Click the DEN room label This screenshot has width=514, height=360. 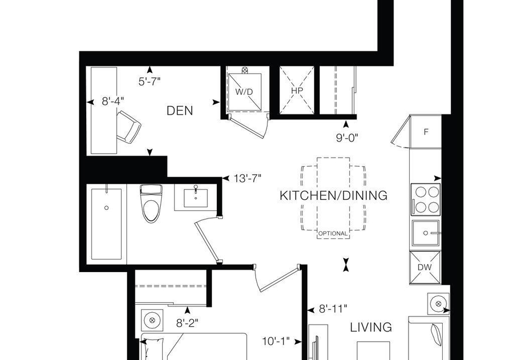(x=180, y=111)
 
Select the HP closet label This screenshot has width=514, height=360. (x=297, y=91)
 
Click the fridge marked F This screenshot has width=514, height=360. (x=426, y=132)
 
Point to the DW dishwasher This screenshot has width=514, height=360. (x=425, y=267)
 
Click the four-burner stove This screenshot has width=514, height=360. (x=426, y=199)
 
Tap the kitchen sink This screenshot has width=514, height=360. (x=426, y=233)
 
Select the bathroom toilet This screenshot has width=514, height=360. (x=151, y=203)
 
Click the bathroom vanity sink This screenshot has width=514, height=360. (x=196, y=198)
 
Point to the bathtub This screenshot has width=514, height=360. (x=107, y=224)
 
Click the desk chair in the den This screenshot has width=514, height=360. (x=128, y=127)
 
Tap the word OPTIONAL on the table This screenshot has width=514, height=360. (x=332, y=234)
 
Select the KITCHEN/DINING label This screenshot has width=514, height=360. (x=334, y=196)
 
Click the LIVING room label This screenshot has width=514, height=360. (x=371, y=327)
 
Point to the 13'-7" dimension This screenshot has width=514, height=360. (x=247, y=178)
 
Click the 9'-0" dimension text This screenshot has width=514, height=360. (x=346, y=138)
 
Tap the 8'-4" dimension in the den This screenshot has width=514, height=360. (x=113, y=101)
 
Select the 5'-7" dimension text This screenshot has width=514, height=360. (x=149, y=81)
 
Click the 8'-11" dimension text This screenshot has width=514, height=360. (x=332, y=309)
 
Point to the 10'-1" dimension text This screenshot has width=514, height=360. (x=276, y=342)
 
